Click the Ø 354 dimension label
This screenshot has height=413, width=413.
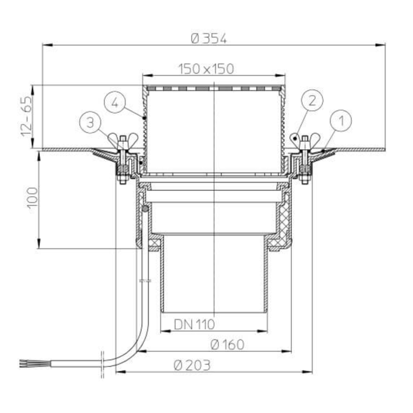click(209, 39)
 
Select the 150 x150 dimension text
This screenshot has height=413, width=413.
click(206, 69)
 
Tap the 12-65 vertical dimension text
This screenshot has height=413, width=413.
click(27, 116)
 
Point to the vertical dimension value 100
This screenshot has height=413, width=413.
click(32, 198)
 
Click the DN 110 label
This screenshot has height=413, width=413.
click(194, 324)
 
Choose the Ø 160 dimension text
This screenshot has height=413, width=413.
click(228, 345)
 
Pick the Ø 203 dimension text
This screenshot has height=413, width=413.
click(192, 366)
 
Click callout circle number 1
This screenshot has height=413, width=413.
click(341, 121)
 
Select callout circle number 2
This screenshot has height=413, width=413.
click(312, 100)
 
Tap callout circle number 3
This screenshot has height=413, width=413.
click(90, 123)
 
